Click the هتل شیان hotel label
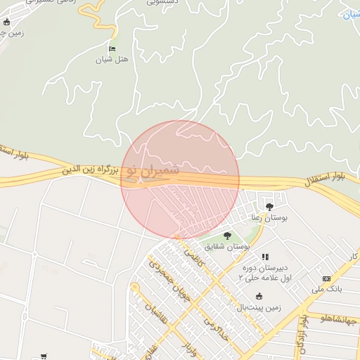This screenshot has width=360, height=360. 113,60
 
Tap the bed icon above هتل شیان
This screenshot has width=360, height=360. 112,49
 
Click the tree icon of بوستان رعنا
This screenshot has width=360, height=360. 269,206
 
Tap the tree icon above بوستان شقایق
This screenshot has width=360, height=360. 226,236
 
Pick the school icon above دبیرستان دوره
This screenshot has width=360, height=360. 265,257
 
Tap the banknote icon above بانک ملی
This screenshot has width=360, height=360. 326,279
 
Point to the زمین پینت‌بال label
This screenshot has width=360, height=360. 258,307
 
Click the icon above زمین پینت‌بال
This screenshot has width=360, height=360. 259,296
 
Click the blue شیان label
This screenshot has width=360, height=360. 350,14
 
